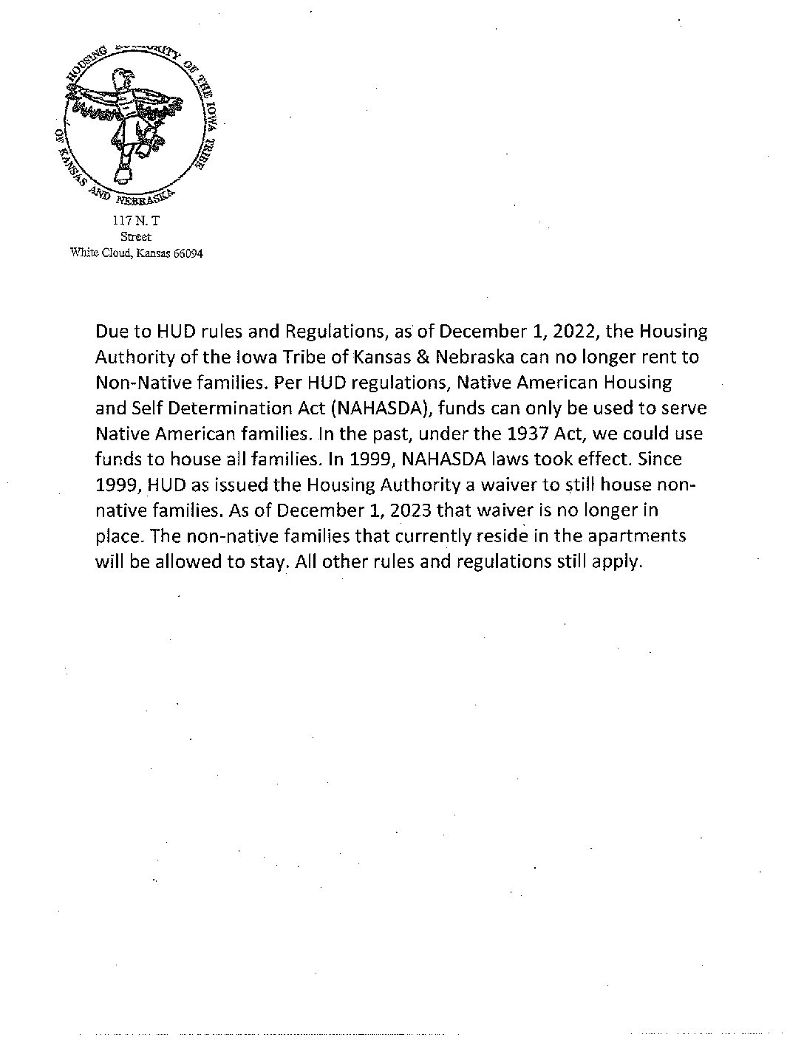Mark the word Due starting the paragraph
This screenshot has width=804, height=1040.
112,332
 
